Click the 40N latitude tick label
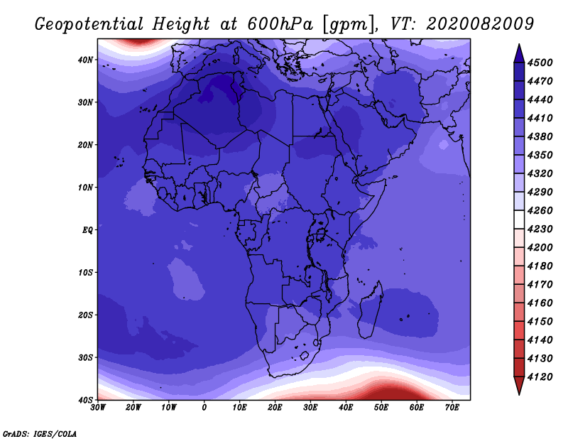coord(84,60)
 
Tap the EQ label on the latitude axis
coord(87,230)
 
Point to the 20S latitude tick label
coord(84,315)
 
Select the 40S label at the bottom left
coord(84,400)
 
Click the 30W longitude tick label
coord(98,408)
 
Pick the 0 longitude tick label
coord(204,408)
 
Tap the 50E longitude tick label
coord(381,408)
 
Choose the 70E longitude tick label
coord(452,408)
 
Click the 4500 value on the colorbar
coord(540,63)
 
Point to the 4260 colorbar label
coord(540,210)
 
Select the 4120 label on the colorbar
coord(540,376)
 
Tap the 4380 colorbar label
coord(540,136)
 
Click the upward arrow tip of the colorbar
coord(519,44)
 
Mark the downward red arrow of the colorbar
coord(519,385)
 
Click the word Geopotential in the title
coord(89,25)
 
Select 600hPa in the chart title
coord(280,24)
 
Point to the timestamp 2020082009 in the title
coord(480,24)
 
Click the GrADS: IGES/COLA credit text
coord(40,433)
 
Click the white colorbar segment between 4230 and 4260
coord(519,220)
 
